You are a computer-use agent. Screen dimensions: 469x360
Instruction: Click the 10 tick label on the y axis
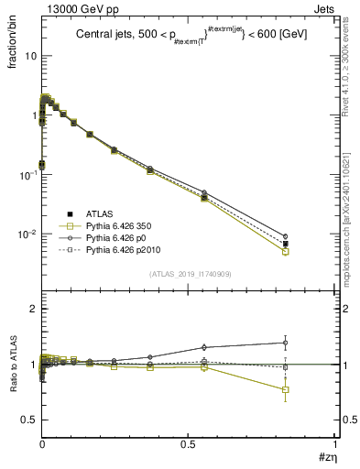tap(27, 56)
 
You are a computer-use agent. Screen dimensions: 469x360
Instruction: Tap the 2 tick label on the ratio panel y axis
tap(29, 310)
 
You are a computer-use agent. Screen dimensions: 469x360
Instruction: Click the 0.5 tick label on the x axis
tap(188, 444)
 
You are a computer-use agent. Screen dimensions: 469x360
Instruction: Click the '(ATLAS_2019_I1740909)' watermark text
tap(188, 274)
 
